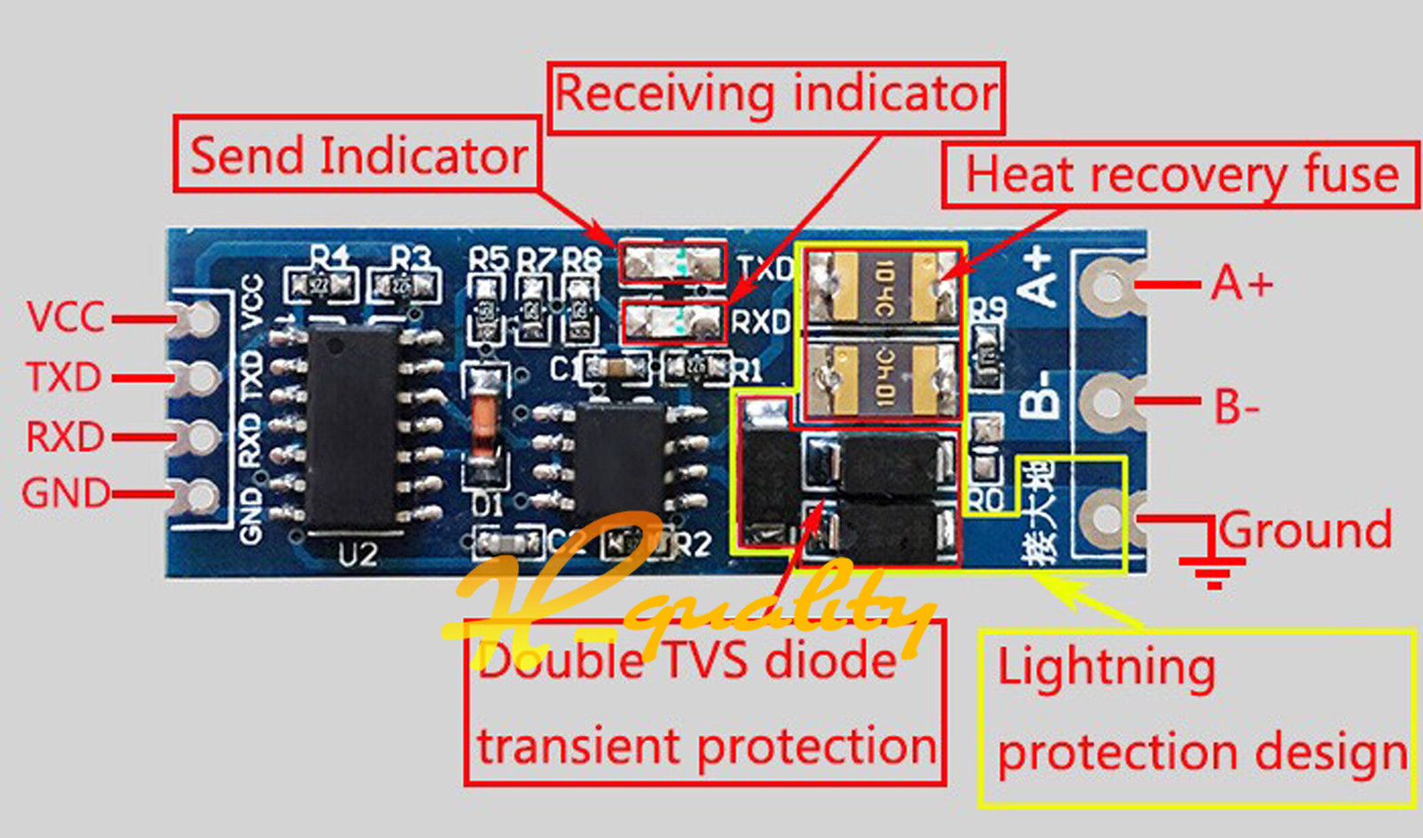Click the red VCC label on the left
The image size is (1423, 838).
tap(66, 318)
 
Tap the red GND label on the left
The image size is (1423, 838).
tap(66, 493)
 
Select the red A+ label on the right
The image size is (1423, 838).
tap(1242, 285)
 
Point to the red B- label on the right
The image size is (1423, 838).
tap(1237, 407)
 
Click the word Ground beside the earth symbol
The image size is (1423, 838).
tap(1305, 530)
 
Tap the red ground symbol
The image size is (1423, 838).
tap(1210, 556)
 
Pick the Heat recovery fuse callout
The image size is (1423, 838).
tap(1180, 174)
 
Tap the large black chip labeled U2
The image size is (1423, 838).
tap(352, 427)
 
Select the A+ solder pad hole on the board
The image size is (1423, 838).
tap(1107, 286)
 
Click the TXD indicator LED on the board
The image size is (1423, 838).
tap(672, 262)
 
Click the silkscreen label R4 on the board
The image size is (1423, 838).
tap(330, 258)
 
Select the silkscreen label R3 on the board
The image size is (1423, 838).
tap(411, 258)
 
